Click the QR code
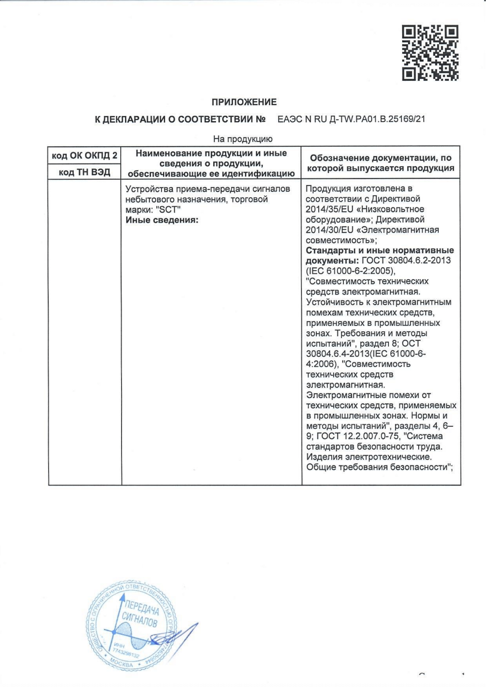click(430, 53)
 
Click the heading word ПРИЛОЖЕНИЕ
click(244, 102)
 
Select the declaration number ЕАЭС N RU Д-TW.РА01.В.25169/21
click(351, 120)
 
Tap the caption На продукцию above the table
click(243, 139)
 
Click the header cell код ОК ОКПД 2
click(84, 156)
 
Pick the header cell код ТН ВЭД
click(84, 172)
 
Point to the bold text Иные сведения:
click(162, 220)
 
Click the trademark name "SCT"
click(168, 210)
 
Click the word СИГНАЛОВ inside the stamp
click(139, 621)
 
